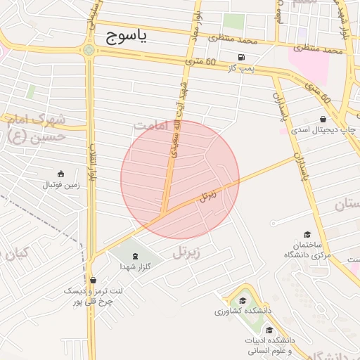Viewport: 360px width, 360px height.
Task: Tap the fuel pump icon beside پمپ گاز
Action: coord(242,57)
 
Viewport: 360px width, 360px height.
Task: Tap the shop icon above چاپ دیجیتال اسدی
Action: coord(323,119)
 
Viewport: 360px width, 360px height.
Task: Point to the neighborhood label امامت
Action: coord(153,124)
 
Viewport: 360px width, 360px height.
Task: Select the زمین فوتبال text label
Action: coord(62,186)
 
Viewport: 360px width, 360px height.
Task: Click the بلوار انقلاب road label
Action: coord(92,158)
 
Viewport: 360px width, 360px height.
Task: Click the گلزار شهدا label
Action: coord(132,267)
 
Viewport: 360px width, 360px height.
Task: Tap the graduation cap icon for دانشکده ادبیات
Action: coord(269,330)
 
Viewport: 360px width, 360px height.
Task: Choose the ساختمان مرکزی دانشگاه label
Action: coord(308,250)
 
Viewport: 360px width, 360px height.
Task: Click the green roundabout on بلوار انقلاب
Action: coord(88,50)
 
